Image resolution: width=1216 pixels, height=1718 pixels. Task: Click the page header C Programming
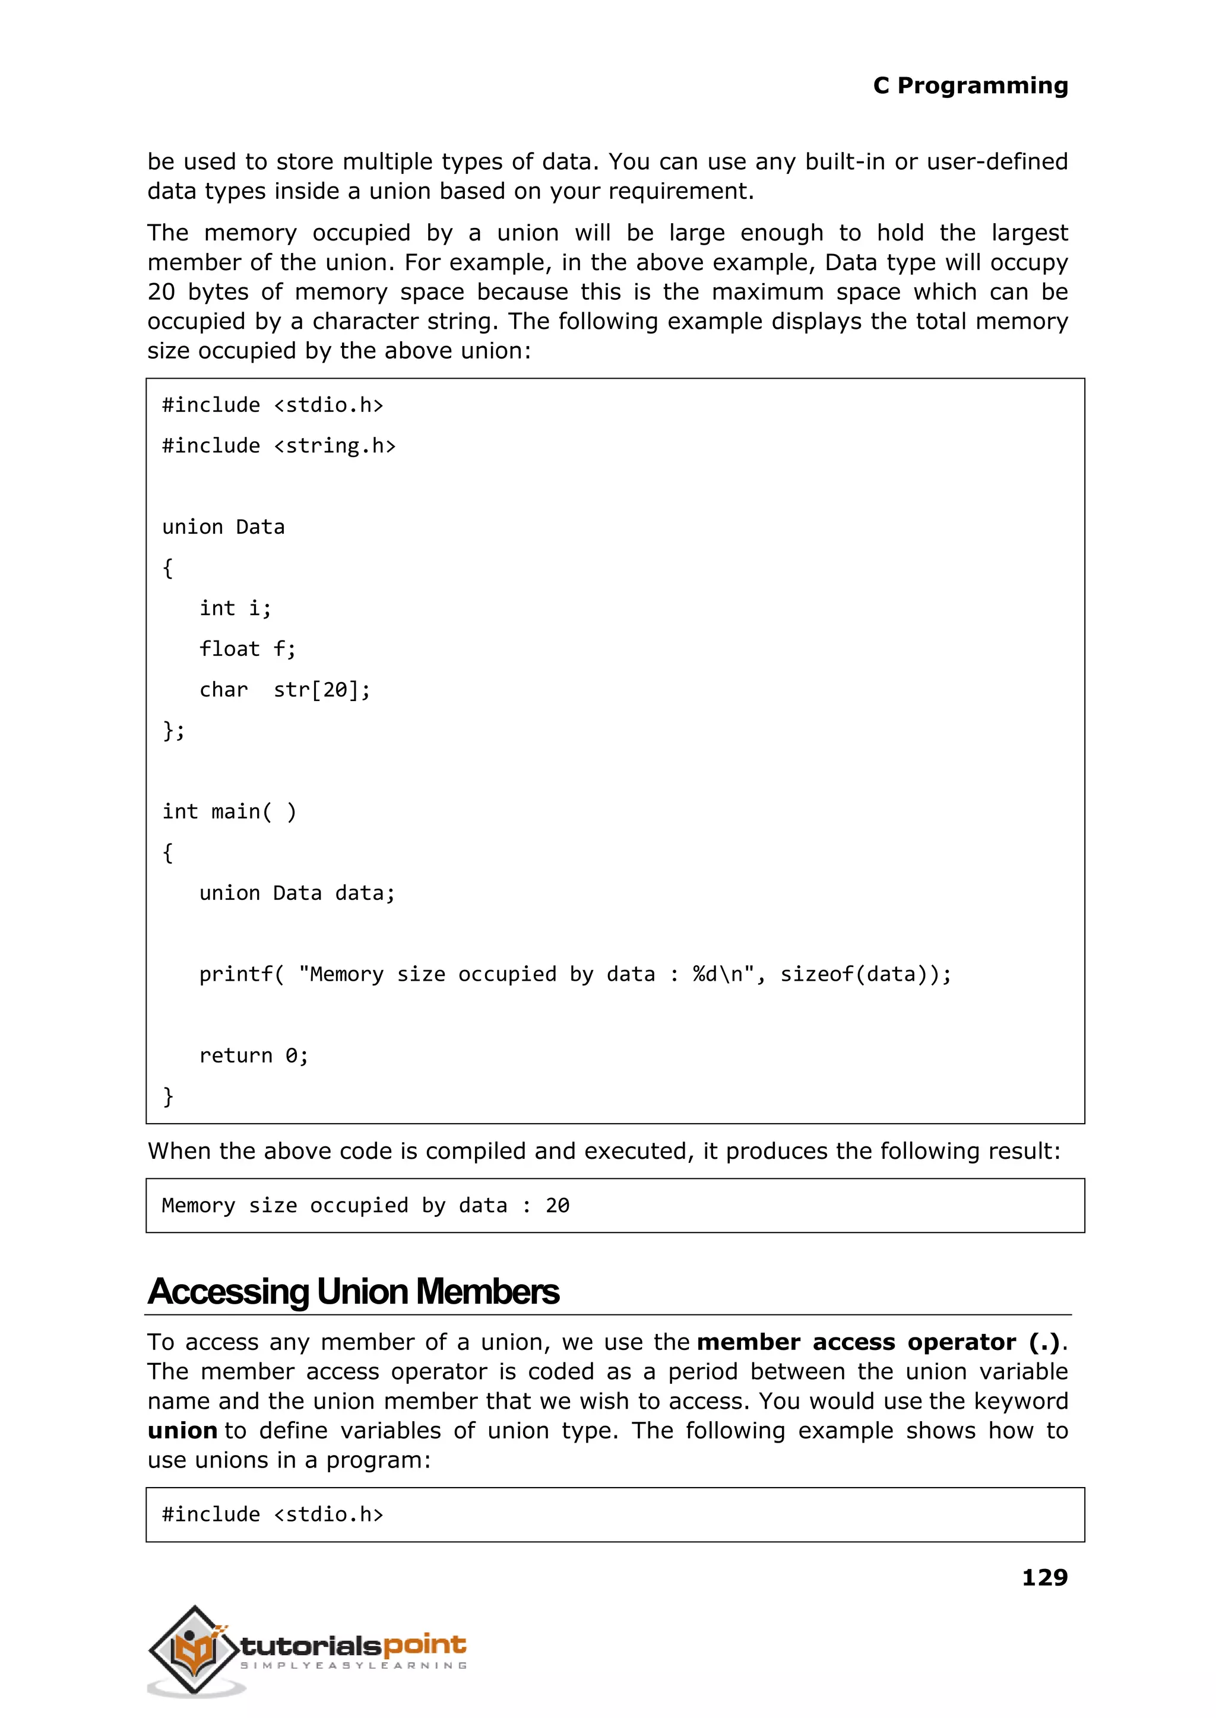970,85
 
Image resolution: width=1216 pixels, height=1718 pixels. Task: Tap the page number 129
1044,1577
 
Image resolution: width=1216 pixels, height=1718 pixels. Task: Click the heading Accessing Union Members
353,1291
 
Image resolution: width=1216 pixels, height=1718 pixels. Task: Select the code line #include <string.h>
278,446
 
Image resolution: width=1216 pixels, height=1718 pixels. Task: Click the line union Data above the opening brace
223,527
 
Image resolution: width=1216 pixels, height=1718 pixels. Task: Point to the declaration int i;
235,608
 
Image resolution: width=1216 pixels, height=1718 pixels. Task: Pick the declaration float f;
247,649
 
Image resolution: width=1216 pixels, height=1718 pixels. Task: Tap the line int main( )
229,812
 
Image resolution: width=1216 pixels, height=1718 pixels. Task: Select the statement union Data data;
296,893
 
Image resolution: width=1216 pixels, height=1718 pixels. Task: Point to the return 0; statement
253,1055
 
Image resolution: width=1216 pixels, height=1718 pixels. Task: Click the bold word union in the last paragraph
182,1431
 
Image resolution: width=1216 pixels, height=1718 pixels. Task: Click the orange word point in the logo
425,1646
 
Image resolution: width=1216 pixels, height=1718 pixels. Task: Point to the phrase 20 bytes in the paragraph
198,292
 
